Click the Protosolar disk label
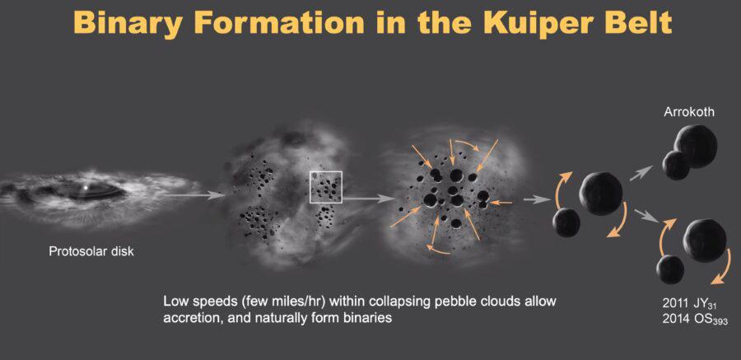coord(91,251)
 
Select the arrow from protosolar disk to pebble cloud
coord(194,194)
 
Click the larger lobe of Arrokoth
coord(696,146)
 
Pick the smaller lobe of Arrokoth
coord(676,165)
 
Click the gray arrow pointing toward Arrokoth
coord(641,173)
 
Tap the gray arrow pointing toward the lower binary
coord(647,215)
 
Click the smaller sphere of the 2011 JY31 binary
coord(670,269)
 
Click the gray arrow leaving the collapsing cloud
coord(538,200)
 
